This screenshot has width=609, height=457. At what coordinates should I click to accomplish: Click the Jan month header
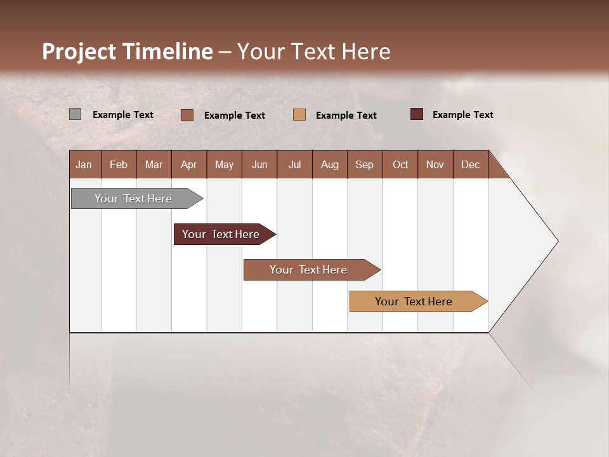click(x=84, y=164)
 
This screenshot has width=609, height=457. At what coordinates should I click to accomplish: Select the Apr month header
click(x=188, y=164)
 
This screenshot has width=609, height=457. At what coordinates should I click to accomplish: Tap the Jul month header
click(x=294, y=164)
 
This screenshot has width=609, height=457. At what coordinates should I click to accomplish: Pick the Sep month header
click(x=364, y=164)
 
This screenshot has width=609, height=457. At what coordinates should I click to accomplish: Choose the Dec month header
click(x=470, y=164)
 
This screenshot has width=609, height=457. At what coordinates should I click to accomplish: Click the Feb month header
click(x=119, y=164)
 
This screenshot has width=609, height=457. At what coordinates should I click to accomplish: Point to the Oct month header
click(x=400, y=164)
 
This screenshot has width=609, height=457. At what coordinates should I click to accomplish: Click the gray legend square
click(x=75, y=114)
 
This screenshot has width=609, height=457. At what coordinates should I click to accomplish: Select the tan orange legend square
click(x=299, y=114)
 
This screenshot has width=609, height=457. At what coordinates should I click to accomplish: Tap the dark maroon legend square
click(x=417, y=114)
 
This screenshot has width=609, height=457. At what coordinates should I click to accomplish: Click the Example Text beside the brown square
click(x=234, y=116)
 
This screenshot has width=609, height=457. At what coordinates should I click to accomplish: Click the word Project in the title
click(x=78, y=51)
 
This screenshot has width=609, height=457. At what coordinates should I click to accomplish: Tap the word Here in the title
click(x=366, y=51)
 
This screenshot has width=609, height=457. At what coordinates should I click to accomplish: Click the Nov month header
click(x=435, y=164)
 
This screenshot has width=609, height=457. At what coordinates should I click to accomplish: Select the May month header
click(x=224, y=164)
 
